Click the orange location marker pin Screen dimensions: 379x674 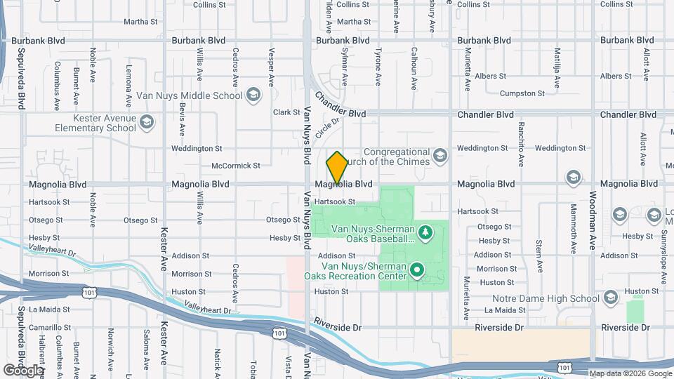pos(337,167)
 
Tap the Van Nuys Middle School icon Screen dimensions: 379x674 pos(253,95)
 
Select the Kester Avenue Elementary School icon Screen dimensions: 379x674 pos(147,124)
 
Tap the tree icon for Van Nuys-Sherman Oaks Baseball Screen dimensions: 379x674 pos(424,232)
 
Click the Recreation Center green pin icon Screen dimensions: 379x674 pos(417,270)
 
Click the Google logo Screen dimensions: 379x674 pos(22,370)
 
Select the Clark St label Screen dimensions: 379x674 pos(286,112)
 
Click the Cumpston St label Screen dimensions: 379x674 pos(522,93)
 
